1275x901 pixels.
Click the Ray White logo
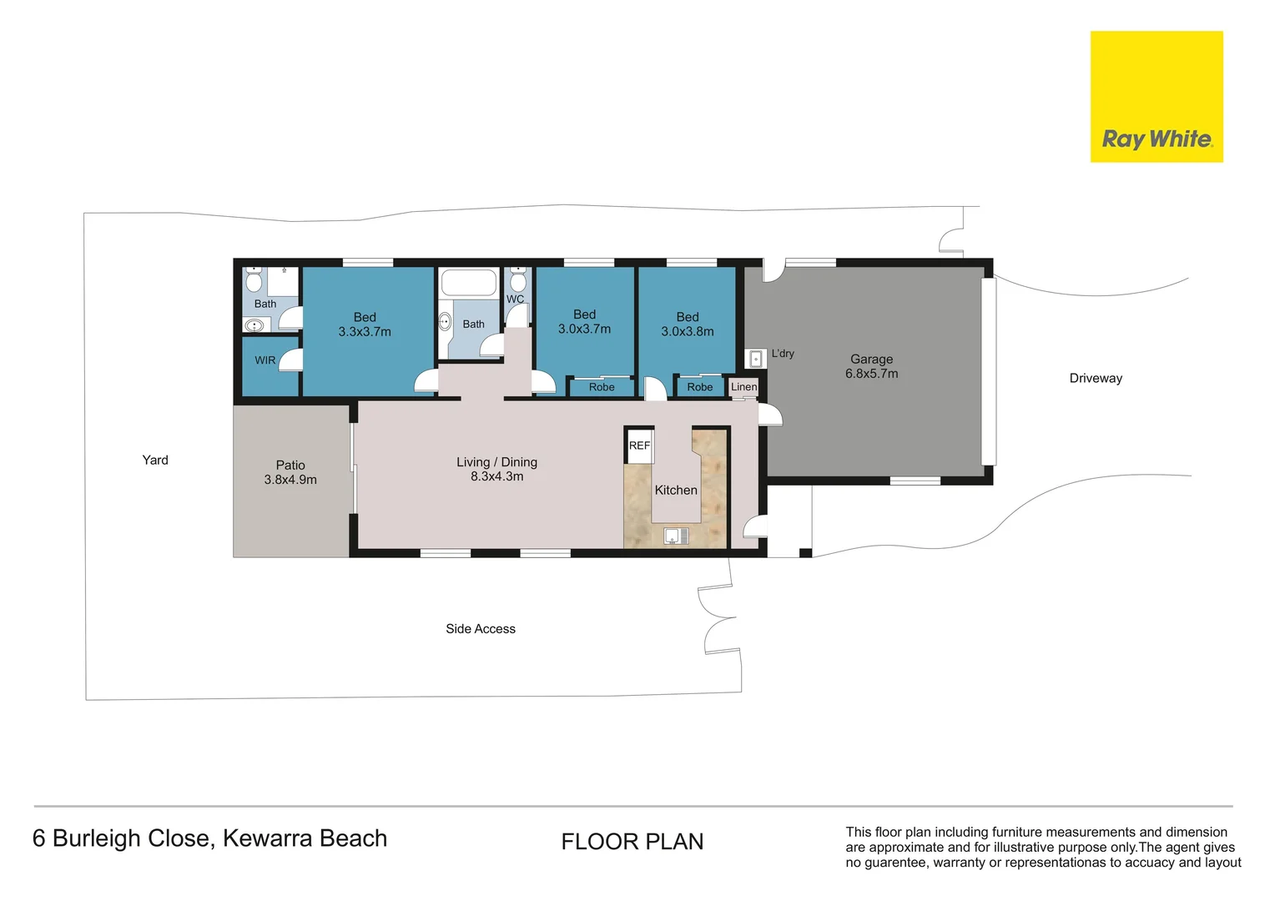1156,97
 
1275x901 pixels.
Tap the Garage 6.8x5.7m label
871,366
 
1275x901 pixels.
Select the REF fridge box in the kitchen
639,445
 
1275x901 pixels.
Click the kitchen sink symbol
676,536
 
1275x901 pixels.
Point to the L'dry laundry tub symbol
755,359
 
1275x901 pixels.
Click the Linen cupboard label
743,387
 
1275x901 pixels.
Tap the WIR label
265,360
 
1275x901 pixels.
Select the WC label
515,299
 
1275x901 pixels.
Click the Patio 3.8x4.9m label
290,472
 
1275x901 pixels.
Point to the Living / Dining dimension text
496,476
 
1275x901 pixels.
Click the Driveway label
1095,378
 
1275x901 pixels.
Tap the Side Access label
480,629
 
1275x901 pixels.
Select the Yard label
155,460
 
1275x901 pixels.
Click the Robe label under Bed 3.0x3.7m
601,387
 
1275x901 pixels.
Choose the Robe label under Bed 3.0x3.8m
699,387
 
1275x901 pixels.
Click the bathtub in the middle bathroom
468,283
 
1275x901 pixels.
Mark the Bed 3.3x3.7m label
365,325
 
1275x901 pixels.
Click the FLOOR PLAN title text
632,842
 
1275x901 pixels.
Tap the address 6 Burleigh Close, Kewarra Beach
209,838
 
